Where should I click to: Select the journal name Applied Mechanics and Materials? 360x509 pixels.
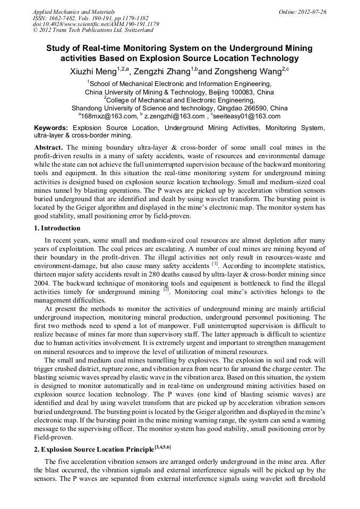click(74, 11)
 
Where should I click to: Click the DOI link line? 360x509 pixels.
click(96, 24)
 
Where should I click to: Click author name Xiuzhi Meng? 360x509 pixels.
click(93, 72)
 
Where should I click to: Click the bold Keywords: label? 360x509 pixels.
click(51, 128)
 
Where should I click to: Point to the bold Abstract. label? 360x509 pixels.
click(49, 147)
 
